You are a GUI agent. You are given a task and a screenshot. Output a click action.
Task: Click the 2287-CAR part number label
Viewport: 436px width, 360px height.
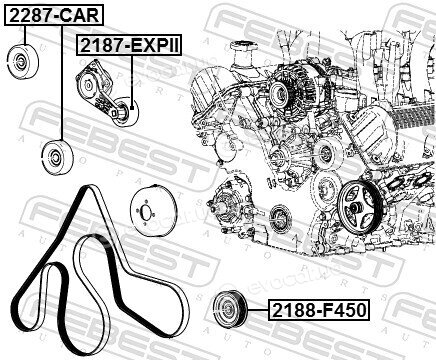[54, 15]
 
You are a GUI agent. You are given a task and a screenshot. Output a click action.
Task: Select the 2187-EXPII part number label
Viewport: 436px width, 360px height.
[130, 45]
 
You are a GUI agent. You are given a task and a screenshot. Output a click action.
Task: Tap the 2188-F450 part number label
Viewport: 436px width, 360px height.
[319, 310]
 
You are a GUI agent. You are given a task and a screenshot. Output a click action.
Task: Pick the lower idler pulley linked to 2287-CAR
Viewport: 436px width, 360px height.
[58, 158]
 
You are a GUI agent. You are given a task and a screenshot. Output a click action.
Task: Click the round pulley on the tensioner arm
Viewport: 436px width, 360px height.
[124, 112]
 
